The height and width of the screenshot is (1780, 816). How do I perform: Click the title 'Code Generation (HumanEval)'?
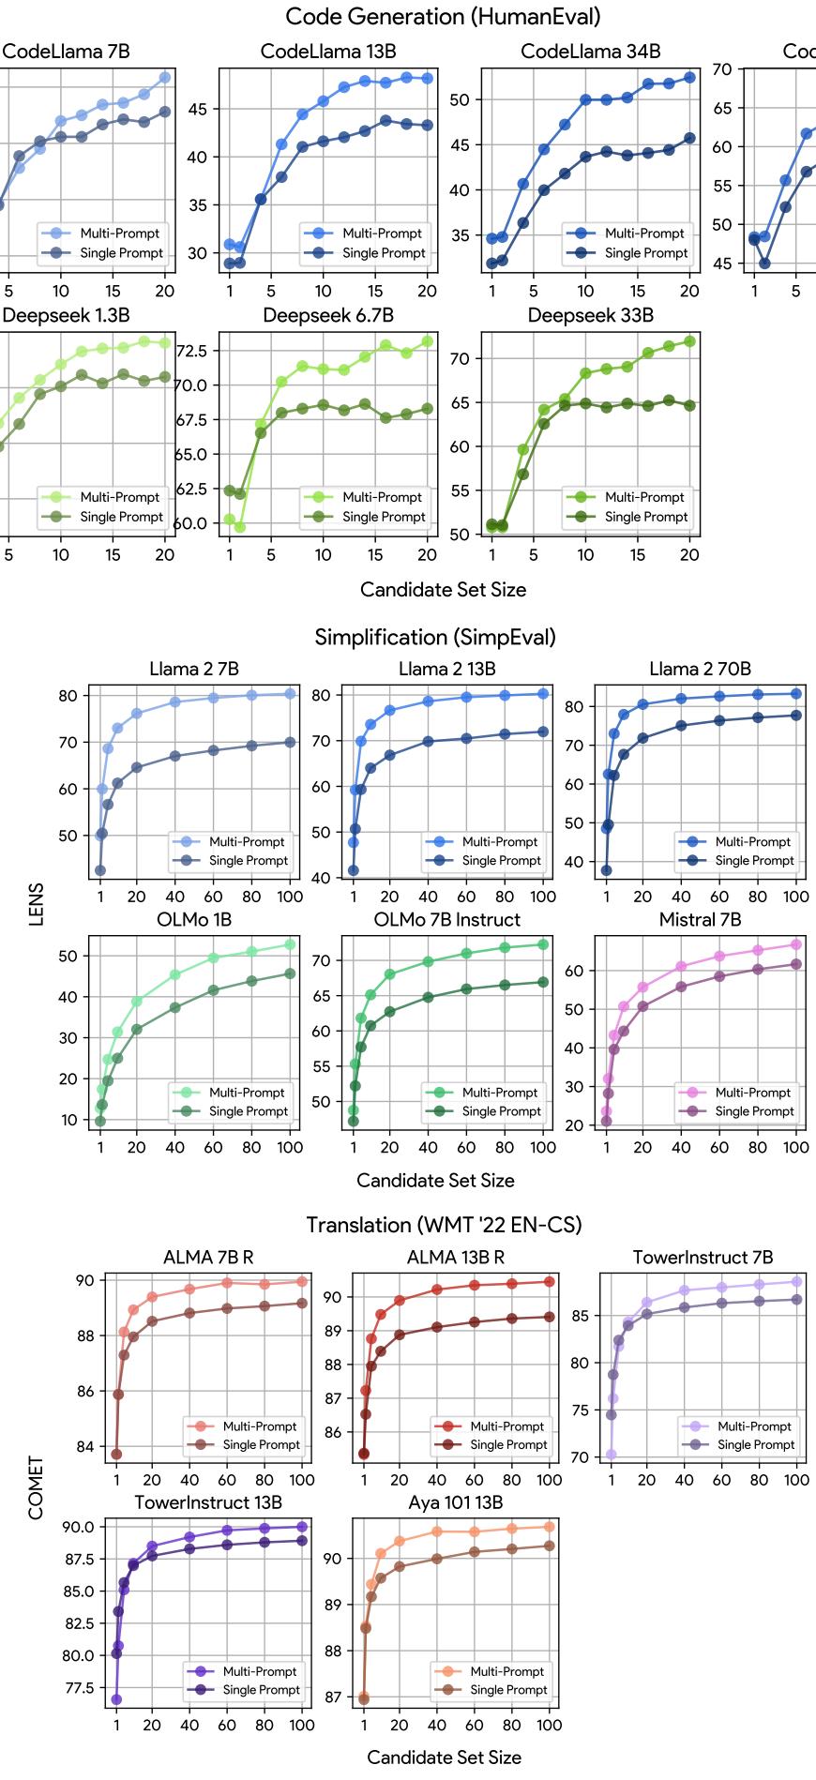point(443,17)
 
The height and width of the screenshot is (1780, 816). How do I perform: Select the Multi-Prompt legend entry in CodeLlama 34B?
point(644,234)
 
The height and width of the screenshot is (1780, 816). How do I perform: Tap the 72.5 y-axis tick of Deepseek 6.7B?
point(190,351)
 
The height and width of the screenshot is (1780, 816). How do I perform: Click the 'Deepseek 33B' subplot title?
point(590,315)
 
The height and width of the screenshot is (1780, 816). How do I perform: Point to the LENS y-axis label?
point(37,904)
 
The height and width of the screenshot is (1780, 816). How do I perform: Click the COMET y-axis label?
point(37,1487)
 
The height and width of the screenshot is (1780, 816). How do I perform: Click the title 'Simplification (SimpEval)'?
point(435,638)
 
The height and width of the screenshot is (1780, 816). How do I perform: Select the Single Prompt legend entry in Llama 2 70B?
point(754,860)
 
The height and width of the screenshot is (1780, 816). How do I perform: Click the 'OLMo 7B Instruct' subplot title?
point(446,920)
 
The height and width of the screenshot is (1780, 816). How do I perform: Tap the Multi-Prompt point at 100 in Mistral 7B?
point(795,944)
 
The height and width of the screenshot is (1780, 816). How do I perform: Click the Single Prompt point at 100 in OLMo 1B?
point(289,973)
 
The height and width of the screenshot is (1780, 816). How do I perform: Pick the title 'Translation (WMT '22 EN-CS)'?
point(444,1225)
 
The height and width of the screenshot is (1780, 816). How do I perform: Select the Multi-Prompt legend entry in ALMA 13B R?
point(506,1426)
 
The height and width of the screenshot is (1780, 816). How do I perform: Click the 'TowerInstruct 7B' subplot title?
point(703,1258)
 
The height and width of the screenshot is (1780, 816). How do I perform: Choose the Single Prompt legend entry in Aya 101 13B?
point(506,1690)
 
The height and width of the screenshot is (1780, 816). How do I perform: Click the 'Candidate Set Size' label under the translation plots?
point(444,1757)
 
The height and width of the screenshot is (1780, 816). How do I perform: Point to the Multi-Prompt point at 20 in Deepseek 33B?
point(689,341)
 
